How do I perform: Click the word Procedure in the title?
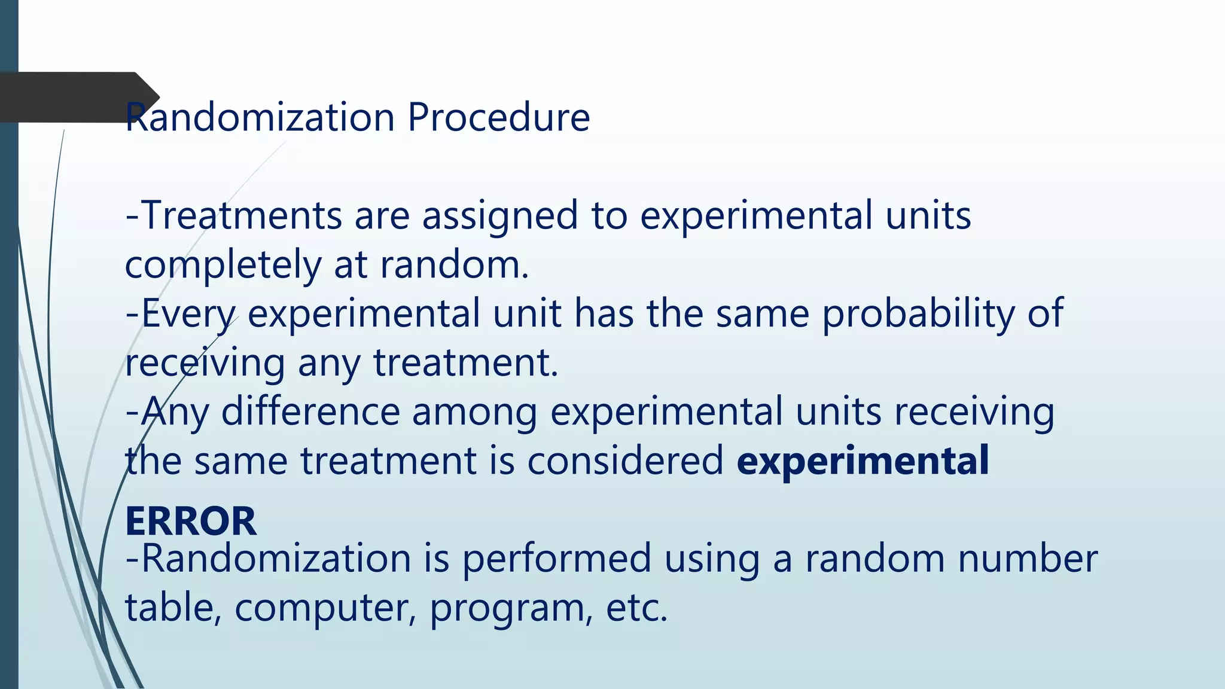pyautogui.click(x=498, y=117)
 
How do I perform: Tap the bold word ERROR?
pyautogui.click(x=191, y=521)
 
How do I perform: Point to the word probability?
pyautogui.click(x=918, y=314)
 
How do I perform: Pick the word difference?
pyautogui.click(x=310, y=412)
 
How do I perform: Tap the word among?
pyautogui.click(x=474, y=412)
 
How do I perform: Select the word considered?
pyautogui.click(x=625, y=461)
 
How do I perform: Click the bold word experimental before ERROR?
pyautogui.click(x=863, y=461)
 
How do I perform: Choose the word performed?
pyautogui.click(x=556, y=559)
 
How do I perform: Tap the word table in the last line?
pyautogui.click(x=169, y=608)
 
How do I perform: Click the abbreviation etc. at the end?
pyautogui.click(x=636, y=608)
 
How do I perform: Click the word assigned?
pyautogui.click(x=500, y=215)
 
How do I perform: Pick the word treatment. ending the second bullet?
pyautogui.click(x=465, y=363)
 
